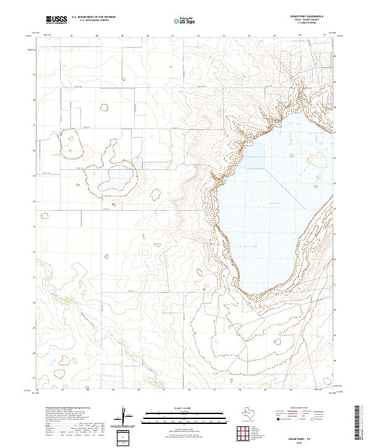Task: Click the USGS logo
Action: (x=56, y=20)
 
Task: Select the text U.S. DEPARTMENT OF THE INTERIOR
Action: (x=93, y=17)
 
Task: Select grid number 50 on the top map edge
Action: (x=147, y=38)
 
